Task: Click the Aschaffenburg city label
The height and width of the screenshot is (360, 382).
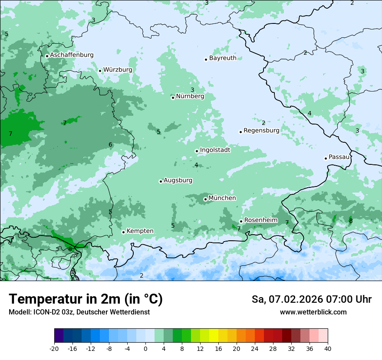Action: pos(72,55)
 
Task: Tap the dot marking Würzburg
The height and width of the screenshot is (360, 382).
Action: pos(100,71)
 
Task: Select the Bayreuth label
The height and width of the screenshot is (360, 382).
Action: pos(223,58)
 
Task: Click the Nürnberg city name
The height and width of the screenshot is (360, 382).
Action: pos(190,96)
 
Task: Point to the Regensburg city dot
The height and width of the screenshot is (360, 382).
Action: pos(240,132)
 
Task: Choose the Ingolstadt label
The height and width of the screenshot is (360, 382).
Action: pos(215,150)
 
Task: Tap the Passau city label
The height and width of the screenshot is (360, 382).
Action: pos(339,157)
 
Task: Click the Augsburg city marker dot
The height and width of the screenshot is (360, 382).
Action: pos(161,181)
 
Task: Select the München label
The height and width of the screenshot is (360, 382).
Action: pos(222,198)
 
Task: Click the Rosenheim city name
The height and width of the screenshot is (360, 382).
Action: pos(260,220)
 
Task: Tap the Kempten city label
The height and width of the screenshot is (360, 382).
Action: pos(140,231)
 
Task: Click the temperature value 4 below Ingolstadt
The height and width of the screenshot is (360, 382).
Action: pos(196,165)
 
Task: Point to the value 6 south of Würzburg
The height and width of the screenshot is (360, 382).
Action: pos(110,144)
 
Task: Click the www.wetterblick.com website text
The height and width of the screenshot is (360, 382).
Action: pos(313,312)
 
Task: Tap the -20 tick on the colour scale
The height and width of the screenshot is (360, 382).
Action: pos(54,348)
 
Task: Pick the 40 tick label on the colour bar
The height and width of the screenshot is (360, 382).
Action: pos(327,348)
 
